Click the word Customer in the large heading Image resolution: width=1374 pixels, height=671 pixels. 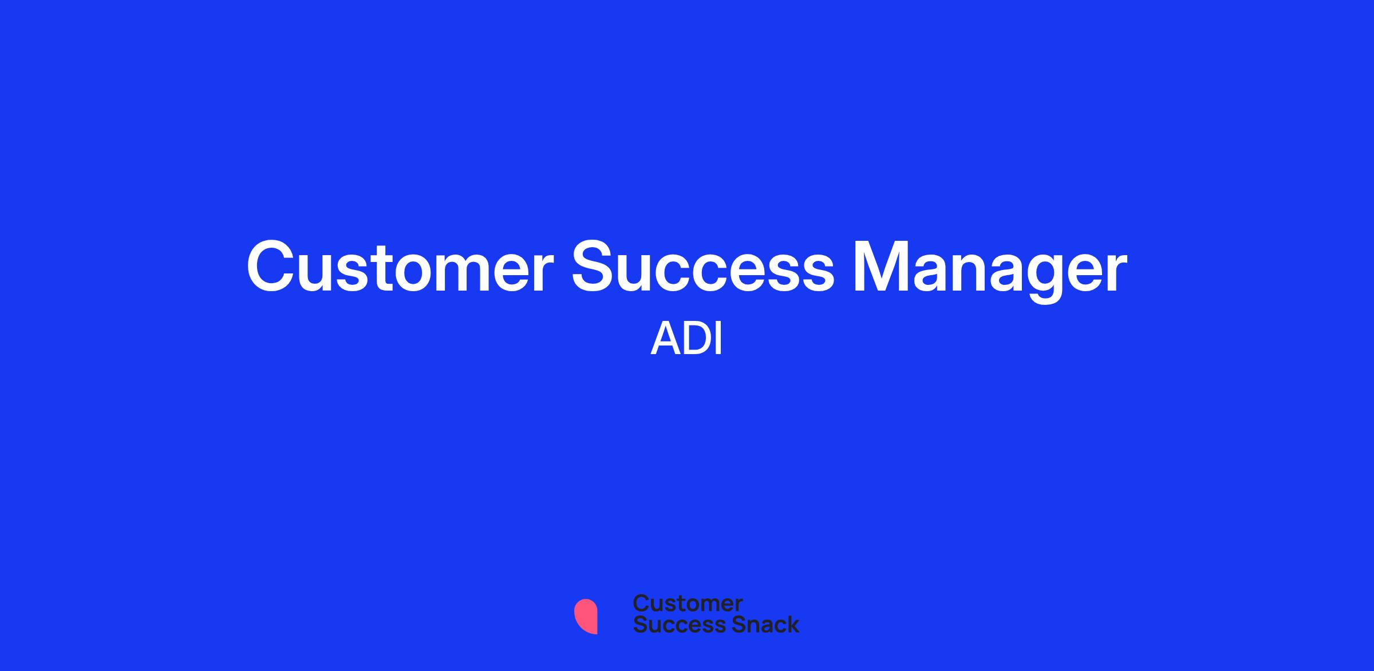pyautogui.click(x=400, y=267)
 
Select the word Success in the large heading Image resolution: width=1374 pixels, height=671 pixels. pyautogui.click(x=703, y=267)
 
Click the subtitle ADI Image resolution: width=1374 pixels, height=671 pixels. pyautogui.click(x=686, y=339)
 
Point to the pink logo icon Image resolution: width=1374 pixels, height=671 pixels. pyautogui.click(x=586, y=616)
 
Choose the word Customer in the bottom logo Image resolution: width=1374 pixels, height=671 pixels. pyautogui.click(x=688, y=603)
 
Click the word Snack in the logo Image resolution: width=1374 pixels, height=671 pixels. pyautogui.click(x=757, y=624)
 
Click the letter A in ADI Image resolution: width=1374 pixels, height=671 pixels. pyautogui.click(x=665, y=339)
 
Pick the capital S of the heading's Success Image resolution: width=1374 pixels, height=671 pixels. pyautogui.click(x=595, y=267)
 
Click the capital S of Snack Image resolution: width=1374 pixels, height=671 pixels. pyautogui.click(x=722, y=624)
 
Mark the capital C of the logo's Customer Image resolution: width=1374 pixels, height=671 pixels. pyautogui.click(x=641, y=603)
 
